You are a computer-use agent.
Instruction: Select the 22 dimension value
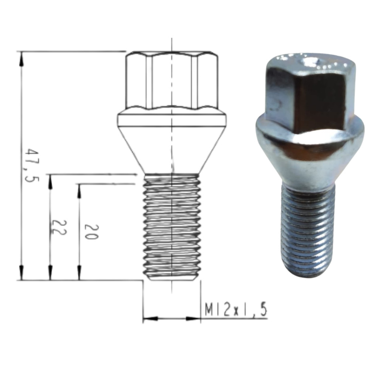(58, 228)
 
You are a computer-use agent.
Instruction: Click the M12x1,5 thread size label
(236, 310)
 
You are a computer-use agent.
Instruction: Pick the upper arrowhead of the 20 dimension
(79, 192)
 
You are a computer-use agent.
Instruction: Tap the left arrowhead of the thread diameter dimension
(151, 319)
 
